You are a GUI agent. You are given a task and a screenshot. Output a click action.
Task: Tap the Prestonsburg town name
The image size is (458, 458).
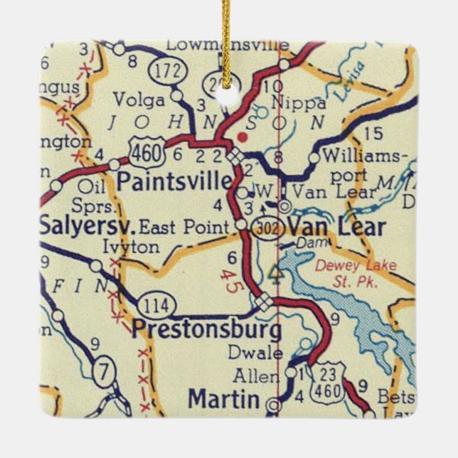click(x=206, y=330)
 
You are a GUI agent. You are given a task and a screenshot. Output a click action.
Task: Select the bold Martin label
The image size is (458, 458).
click(x=223, y=399)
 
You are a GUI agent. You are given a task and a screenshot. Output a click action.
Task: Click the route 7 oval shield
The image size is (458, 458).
click(x=105, y=371)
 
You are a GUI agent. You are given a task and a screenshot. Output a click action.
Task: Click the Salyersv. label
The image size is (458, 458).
click(x=86, y=227)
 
